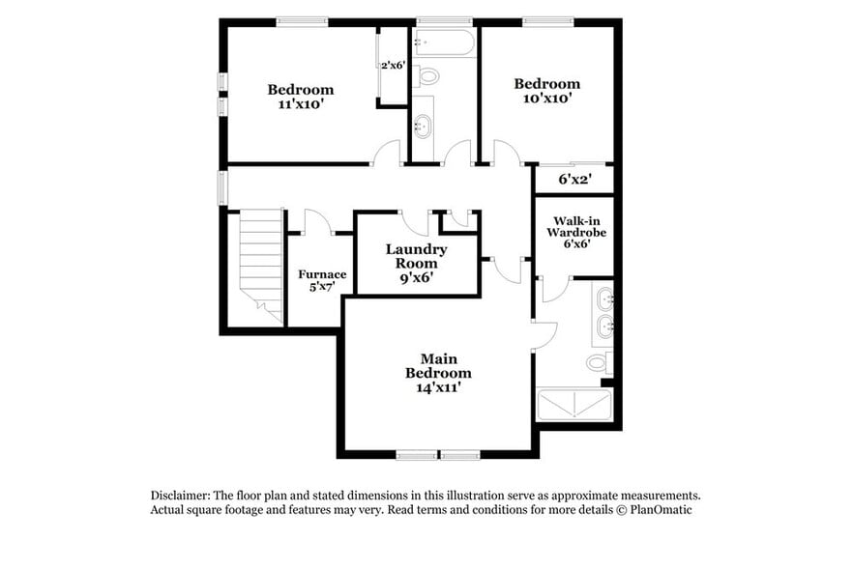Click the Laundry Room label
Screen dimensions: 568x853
pos(417,263)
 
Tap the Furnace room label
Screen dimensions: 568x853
pos(321,280)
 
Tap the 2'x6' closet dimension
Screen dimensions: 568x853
pos(393,66)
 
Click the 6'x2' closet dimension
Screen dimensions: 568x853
pos(574,179)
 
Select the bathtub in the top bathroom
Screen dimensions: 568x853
pos(444,43)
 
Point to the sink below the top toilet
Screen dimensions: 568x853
pos(423,125)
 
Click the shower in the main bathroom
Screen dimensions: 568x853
pos(574,405)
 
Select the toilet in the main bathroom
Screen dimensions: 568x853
pos(599,363)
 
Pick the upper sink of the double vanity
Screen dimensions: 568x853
pos(604,296)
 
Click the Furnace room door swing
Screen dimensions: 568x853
pos(317,222)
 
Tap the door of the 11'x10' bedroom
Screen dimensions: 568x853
pos(387,154)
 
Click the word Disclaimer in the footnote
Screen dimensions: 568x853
pos(180,495)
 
